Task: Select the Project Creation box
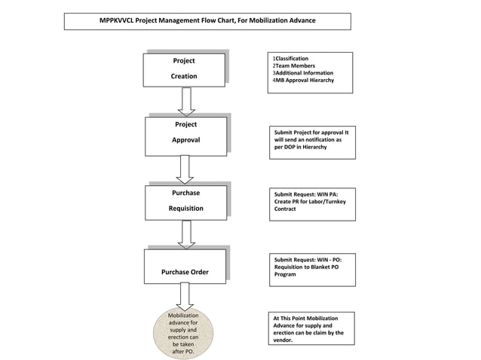pos(184,69)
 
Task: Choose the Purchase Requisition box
pos(185,201)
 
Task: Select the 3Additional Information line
pos(302,72)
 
